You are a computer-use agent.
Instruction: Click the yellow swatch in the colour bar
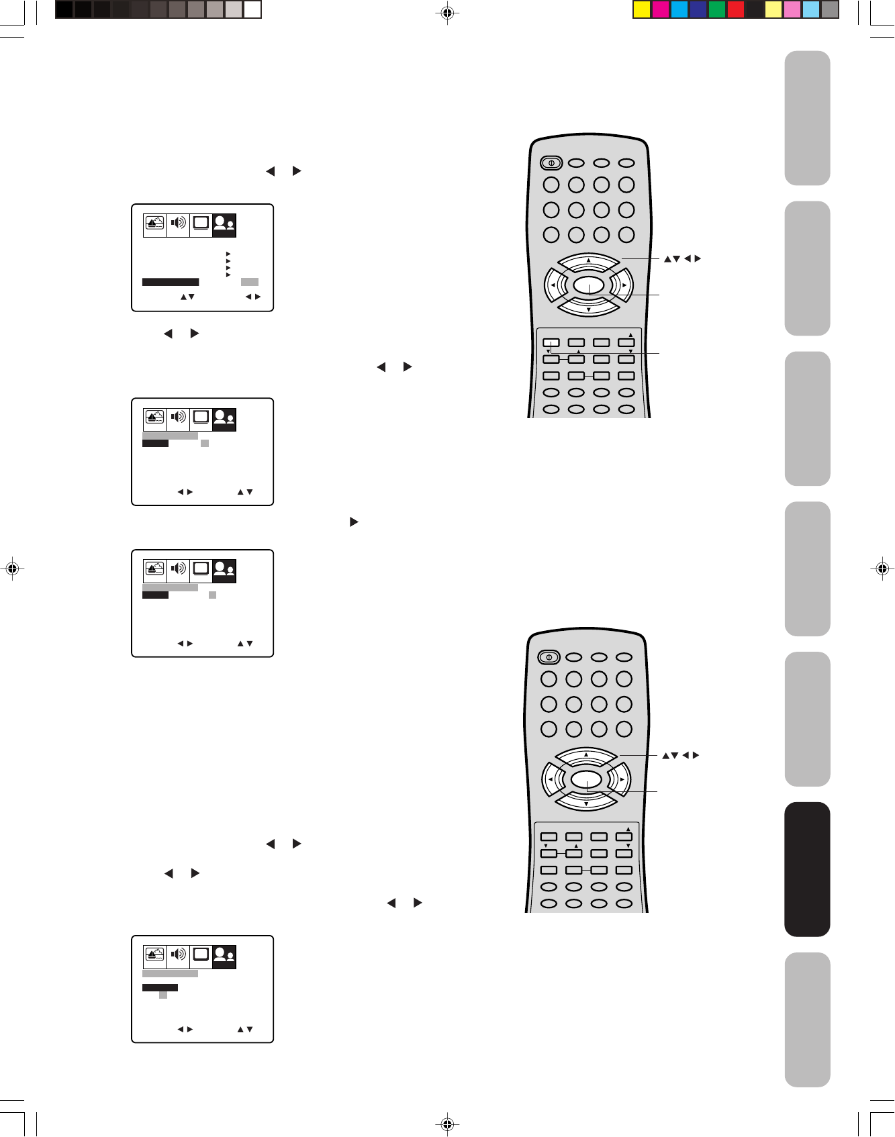click(643, 9)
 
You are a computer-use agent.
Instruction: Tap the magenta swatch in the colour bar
click(661, 9)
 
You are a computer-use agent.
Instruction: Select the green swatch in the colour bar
click(717, 9)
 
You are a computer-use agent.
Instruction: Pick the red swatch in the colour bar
click(736, 9)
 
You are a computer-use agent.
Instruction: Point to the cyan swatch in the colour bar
click(679, 9)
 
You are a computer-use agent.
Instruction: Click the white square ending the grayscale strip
click(252, 9)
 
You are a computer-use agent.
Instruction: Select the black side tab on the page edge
click(807, 869)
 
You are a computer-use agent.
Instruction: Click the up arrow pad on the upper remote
click(589, 261)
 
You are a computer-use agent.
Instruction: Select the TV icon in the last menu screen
click(201, 955)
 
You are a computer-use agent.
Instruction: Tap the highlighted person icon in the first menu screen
click(224, 224)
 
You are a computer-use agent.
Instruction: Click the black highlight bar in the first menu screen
click(171, 282)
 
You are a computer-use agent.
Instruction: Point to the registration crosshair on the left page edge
click(11, 568)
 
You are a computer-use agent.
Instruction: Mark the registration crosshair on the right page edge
click(882, 568)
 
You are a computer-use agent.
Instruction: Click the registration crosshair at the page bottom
click(447, 1124)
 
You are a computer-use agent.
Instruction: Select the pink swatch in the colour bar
click(792, 9)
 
